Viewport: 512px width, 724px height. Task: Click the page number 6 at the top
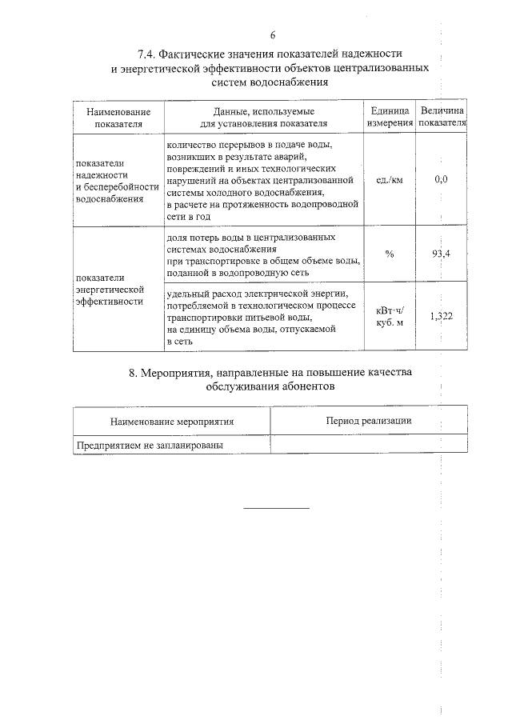point(273,35)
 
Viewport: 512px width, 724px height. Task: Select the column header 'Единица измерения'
point(390,117)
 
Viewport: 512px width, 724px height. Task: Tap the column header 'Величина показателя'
point(442,117)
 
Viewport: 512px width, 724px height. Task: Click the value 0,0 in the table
point(441,179)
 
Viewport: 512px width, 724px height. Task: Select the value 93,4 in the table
point(441,254)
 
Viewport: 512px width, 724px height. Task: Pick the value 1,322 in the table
point(441,316)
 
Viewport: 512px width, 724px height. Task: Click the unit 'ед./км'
point(390,179)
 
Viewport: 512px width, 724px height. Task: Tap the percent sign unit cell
point(390,254)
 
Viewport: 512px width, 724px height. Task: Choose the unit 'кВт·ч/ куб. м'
point(390,316)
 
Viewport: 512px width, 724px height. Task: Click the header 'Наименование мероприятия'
point(172,421)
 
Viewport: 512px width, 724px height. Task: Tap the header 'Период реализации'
point(369,420)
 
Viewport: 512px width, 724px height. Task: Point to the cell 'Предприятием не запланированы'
point(149,445)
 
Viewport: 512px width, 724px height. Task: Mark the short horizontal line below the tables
point(275,507)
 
